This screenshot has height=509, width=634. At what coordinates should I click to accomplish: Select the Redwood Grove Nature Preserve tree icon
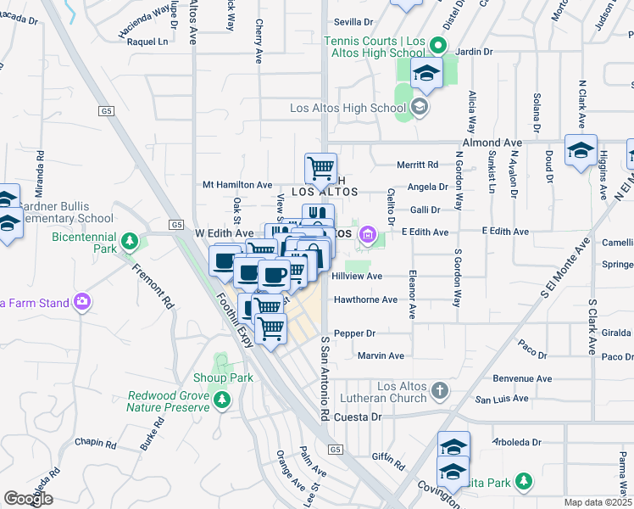tap(222, 399)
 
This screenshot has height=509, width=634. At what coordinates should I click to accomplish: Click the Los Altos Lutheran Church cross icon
tap(439, 391)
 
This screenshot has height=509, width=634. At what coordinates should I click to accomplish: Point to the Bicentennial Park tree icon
tap(129, 242)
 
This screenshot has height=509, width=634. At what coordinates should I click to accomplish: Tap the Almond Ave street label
tap(492, 143)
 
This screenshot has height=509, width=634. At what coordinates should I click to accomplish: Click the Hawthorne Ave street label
tap(365, 299)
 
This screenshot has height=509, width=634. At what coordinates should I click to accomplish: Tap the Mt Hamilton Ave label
tap(237, 184)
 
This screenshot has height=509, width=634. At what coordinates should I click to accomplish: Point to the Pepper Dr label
tap(354, 333)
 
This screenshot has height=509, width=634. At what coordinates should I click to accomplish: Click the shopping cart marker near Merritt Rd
tap(320, 169)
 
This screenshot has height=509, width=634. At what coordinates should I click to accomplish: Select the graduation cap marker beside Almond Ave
tap(581, 151)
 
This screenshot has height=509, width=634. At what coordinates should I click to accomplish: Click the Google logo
tap(29, 499)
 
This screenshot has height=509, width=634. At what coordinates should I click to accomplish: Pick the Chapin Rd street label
tap(95, 443)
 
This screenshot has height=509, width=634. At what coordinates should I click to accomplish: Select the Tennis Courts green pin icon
tap(438, 45)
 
